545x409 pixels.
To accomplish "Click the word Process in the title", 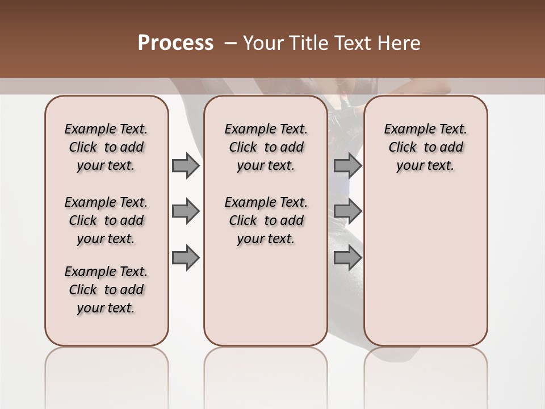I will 175,43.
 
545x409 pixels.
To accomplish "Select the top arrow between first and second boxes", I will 186,165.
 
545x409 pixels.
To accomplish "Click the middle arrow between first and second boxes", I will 186,211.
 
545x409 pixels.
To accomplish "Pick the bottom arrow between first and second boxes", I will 186,257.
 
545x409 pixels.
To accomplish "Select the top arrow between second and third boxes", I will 347,165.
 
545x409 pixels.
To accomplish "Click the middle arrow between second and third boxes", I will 347,211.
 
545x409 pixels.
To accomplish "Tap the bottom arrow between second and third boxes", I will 347,257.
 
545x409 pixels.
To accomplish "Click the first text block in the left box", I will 106,147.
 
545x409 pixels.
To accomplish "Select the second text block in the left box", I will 106,220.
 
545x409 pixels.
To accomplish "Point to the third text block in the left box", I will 106,290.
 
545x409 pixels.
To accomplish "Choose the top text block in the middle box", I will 266,147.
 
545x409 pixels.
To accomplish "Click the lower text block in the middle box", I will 266,220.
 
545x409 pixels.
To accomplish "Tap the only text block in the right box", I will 426,147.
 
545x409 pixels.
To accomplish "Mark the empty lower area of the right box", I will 426,267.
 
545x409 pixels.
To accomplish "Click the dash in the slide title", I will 231,43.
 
